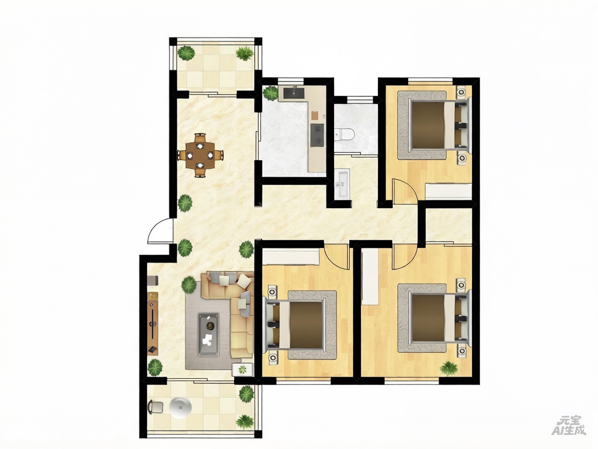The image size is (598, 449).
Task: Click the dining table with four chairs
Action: click(200, 155)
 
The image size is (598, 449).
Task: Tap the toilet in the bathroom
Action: click(345, 134)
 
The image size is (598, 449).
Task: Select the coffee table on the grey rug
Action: click(208, 334)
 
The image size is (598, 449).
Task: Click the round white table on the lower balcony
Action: click(180, 407)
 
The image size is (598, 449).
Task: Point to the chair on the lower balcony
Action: click(155, 407)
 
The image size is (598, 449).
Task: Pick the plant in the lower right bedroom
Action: click(449, 368)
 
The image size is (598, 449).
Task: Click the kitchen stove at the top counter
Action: click(293, 93)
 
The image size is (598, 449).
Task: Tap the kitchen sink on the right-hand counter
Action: click(317, 135)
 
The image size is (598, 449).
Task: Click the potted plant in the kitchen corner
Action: click(270, 93)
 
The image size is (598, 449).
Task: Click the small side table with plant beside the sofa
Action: click(242, 369)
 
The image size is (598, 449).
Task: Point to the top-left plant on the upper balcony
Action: click(186, 53)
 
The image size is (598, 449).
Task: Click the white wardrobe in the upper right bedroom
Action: click(448, 191)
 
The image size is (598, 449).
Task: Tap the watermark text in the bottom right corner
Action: click(569, 426)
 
